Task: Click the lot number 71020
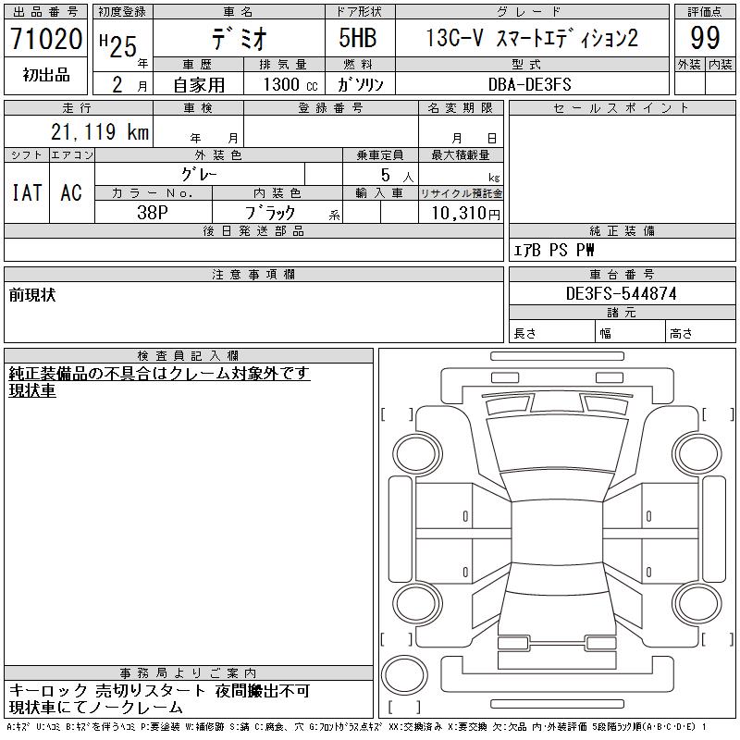(46, 39)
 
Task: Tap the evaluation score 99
(705, 38)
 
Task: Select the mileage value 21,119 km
(100, 132)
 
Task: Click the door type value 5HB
(358, 38)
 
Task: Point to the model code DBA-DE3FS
(530, 84)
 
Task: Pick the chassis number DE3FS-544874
(621, 293)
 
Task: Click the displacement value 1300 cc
(290, 84)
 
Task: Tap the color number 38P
(153, 213)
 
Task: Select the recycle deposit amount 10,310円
(466, 214)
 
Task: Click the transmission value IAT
(27, 192)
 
